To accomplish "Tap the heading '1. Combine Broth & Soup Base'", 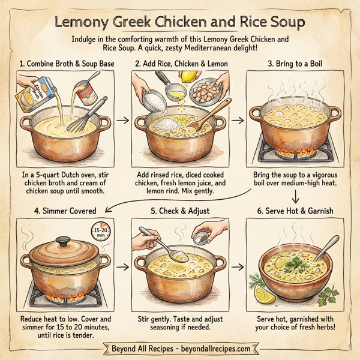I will click(66, 62).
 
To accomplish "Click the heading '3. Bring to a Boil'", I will click(294, 62).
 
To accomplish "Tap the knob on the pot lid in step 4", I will click(62, 241).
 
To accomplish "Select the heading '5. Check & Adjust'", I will click(180, 211).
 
